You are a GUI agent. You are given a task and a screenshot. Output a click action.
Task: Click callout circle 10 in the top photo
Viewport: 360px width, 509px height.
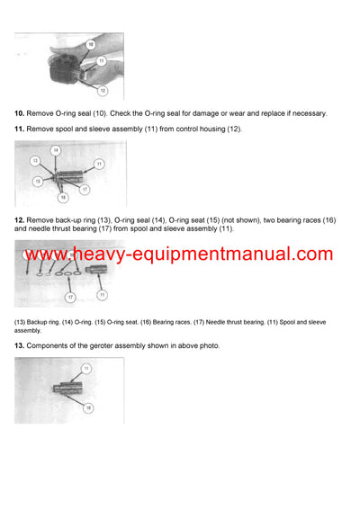click(90, 44)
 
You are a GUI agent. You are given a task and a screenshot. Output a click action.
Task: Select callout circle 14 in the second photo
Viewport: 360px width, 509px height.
click(56, 150)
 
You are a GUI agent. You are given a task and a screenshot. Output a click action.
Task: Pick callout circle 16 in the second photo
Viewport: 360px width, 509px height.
click(62, 196)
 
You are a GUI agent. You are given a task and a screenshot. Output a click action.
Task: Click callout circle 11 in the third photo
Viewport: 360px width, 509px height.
click(102, 294)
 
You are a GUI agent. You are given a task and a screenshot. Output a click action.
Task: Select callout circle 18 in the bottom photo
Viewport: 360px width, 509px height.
click(88, 407)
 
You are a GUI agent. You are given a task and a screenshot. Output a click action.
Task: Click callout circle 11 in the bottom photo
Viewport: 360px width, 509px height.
click(87, 369)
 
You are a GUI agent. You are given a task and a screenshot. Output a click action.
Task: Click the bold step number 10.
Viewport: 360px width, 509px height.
click(19, 113)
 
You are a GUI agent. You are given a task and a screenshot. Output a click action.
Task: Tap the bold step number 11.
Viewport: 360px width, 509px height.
click(19, 129)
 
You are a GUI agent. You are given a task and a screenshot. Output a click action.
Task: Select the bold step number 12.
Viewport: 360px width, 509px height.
click(19, 219)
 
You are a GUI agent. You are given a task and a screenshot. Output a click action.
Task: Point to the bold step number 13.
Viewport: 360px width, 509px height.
click(19, 345)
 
